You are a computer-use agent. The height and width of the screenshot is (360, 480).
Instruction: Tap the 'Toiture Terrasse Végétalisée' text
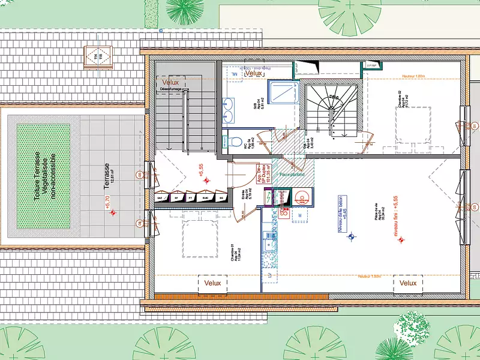pos(45,176)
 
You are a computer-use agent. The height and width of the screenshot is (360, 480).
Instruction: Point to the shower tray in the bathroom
pos(281,93)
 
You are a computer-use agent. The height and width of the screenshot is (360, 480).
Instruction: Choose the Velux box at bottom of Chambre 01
pos(213,283)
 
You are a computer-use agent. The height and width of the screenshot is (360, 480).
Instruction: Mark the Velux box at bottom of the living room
pos(408,283)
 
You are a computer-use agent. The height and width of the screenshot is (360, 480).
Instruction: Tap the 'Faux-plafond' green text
pos(292,175)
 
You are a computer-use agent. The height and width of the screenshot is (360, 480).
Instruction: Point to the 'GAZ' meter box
pos(160,197)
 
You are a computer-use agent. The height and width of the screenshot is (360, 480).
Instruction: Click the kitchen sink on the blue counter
pos(268,242)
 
